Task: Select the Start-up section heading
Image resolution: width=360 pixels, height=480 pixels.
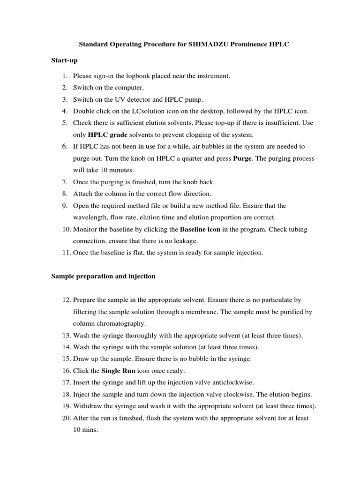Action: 64,60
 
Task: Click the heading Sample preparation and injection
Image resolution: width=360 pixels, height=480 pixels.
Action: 103,276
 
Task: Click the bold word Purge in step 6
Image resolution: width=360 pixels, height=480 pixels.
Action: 242,158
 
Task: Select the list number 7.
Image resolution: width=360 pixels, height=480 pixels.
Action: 65,182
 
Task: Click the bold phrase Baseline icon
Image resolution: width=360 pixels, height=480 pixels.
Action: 200,229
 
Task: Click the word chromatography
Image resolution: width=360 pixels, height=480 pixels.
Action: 119,323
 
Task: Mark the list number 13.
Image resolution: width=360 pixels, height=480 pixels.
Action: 65,335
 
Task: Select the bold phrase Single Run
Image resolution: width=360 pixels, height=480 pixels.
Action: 118,371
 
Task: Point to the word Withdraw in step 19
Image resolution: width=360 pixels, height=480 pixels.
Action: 88,406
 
